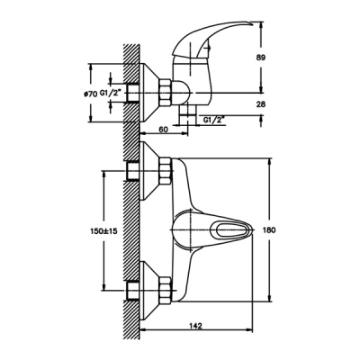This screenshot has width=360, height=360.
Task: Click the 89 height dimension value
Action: tap(261, 58)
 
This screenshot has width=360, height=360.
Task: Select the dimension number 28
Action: tap(261, 103)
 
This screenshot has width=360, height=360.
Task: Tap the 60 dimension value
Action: tap(163, 130)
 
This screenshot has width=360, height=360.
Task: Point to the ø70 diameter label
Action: tap(90, 94)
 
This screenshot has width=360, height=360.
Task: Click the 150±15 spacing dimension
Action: tap(103, 231)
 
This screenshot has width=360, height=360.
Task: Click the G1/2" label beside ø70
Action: tap(111, 94)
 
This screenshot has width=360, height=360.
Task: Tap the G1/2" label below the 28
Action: tap(214, 120)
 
